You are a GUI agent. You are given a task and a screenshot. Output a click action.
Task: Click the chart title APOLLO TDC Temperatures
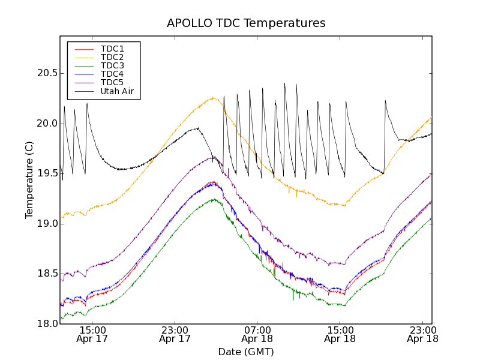pyautogui.click(x=246, y=23)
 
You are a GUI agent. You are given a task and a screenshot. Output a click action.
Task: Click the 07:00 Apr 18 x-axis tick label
pyautogui.click(x=257, y=334)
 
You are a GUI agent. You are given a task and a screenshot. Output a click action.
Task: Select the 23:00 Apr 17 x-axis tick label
pyautogui.click(x=175, y=334)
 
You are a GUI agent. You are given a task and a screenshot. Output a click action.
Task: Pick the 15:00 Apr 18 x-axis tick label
pyautogui.click(x=340, y=334)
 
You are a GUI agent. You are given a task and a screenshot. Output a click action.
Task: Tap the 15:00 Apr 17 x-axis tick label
pyautogui.click(x=92, y=334)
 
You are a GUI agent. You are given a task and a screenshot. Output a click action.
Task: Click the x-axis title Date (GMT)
pyautogui.click(x=246, y=352)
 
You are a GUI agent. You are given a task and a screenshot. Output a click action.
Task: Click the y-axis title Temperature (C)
pyautogui.click(x=29, y=180)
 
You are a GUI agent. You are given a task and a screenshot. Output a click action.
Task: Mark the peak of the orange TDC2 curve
pyautogui.click(x=213, y=98)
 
